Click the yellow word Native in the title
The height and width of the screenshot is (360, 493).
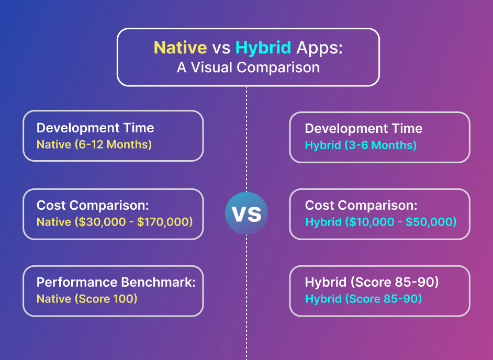click(180, 48)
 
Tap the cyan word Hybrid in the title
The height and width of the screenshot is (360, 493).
click(263, 48)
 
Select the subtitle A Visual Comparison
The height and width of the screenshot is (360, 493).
click(248, 67)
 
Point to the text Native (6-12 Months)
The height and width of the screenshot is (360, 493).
click(94, 144)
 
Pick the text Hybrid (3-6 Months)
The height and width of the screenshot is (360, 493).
click(361, 145)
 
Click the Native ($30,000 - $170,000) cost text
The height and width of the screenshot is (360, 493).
click(115, 222)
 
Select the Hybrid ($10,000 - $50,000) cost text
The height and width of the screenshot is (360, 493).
click(380, 222)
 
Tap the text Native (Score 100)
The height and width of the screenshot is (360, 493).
click(87, 299)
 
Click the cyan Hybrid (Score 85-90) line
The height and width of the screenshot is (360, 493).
click(363, 299)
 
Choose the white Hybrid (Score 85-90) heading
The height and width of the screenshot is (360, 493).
click(372, 283)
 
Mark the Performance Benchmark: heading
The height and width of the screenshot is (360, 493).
click(116, 283)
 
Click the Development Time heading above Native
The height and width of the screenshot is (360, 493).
click(95, 128)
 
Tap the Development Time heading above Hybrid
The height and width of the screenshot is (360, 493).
click(363, 129)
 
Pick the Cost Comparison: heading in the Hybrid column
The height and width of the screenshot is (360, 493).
click(361, 206)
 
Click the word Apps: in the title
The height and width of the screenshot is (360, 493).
click(319, 48)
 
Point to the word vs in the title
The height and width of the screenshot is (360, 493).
click(221, 48)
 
